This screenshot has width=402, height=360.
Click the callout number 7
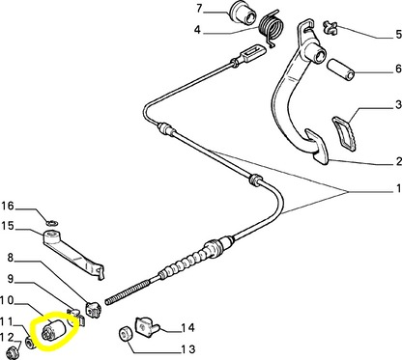coord(200,9)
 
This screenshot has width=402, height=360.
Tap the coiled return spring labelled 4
coord(272,28)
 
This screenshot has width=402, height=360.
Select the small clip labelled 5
coord(330,27)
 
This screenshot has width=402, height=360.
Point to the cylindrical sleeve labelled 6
coord(341,69)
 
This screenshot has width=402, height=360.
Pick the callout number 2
coord(398,161)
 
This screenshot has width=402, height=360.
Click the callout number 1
coord(399,188)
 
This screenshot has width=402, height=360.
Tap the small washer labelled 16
coord(52,222)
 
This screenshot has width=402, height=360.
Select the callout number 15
coord(8,226)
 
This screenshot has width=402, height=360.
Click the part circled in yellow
coord(54,329)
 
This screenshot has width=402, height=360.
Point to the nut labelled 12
coord(14,352)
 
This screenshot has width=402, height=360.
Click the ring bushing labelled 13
coord(126,334)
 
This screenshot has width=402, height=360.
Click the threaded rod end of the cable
coord(128,292)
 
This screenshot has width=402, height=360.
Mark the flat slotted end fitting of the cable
coord(253,52)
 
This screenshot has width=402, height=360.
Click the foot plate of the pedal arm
coord(317,147)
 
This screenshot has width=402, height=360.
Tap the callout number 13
coord(187,349)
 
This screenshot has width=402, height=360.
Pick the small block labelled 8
coord(94,309)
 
